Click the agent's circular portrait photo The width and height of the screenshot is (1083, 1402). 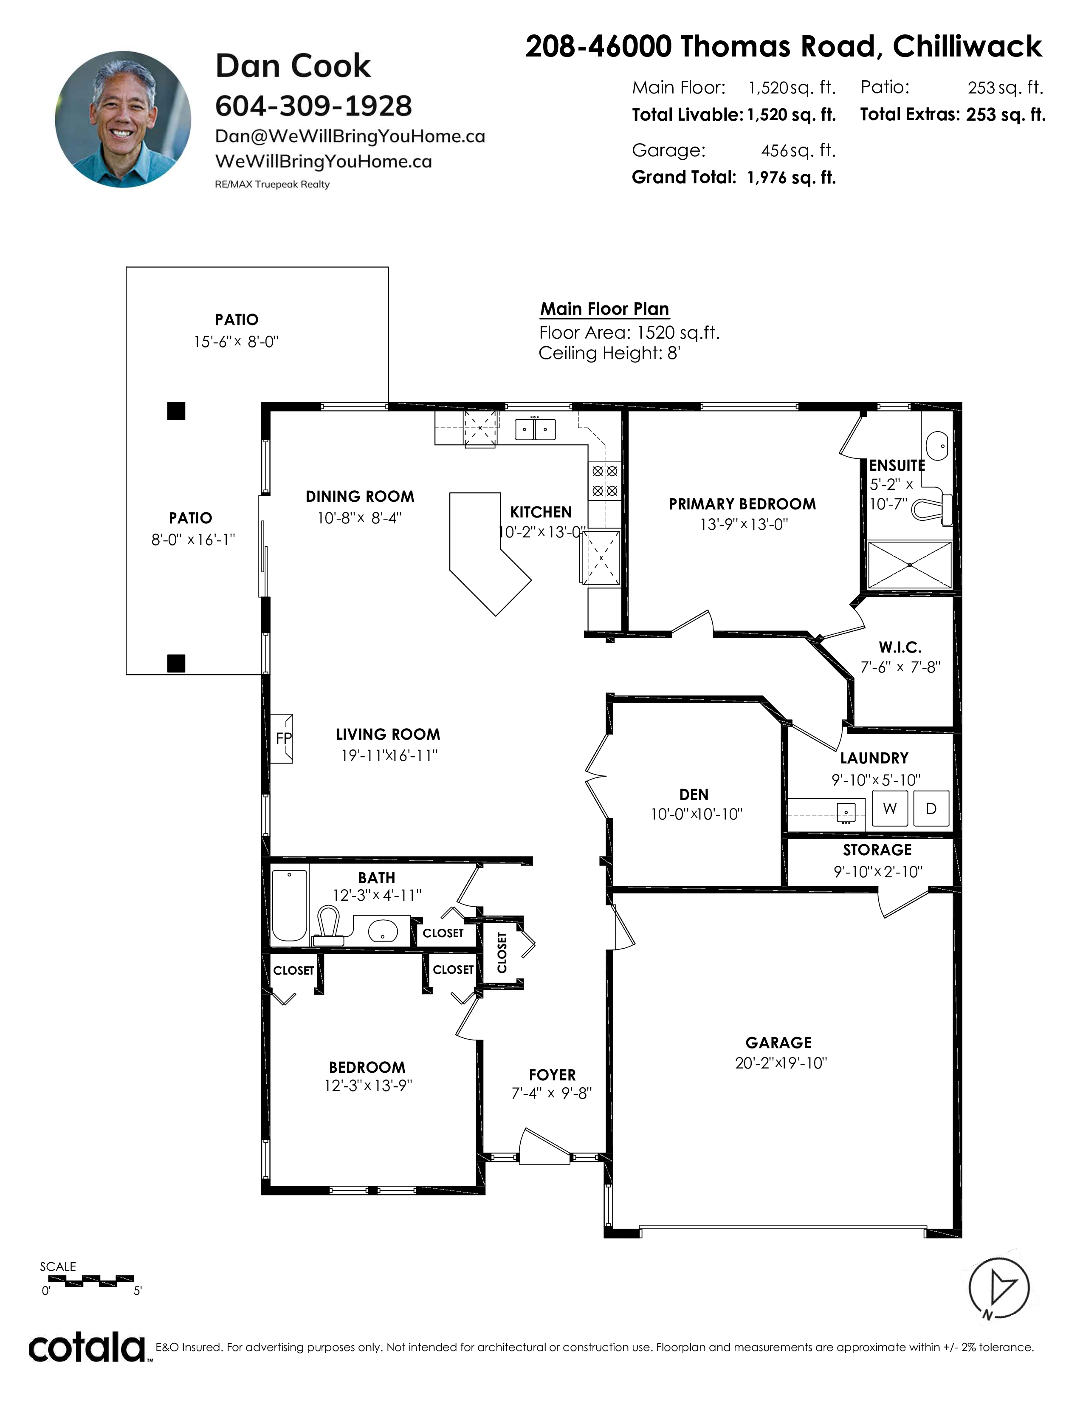coord(123,119)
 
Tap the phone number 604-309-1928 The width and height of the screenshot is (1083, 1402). coord(313,106)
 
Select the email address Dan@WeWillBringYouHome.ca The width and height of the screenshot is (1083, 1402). coord(350,136)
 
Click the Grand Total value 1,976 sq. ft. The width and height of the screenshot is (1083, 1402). coord(791,178)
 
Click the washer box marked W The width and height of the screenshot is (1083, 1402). coord(889,809)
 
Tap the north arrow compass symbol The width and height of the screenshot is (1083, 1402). coord(999,1287)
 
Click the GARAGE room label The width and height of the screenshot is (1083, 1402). coord(778,1043)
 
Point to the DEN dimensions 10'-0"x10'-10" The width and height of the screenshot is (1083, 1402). coord(696,814)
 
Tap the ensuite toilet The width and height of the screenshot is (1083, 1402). coord(931,509)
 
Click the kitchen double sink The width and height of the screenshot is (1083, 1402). coord(536,429)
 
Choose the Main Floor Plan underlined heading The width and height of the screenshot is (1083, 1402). coord(604,309)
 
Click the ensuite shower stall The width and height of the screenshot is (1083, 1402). coord(910,564)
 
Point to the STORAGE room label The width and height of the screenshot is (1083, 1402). coord(877,850)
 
